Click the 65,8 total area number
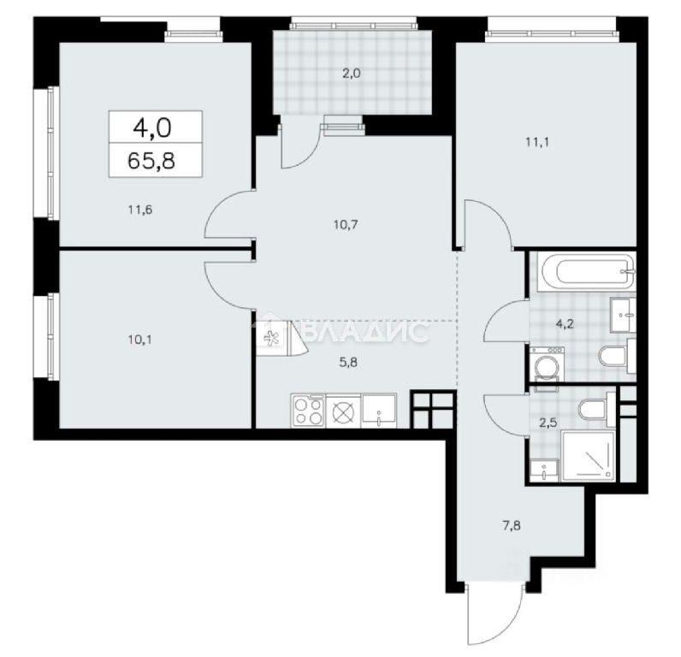(151, 160)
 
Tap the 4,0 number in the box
(152, 127)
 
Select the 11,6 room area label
(139, 210)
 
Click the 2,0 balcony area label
(352, 74)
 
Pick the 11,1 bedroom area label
(537, 142)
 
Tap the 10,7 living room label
(346, 224)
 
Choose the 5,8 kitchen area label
(348, 362)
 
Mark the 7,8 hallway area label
(512, 526)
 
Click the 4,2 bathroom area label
(565, 324)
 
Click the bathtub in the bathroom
(586, 272)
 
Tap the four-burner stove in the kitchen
(308, 411)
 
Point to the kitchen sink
(379, 411)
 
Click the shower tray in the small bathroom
(589, 456)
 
